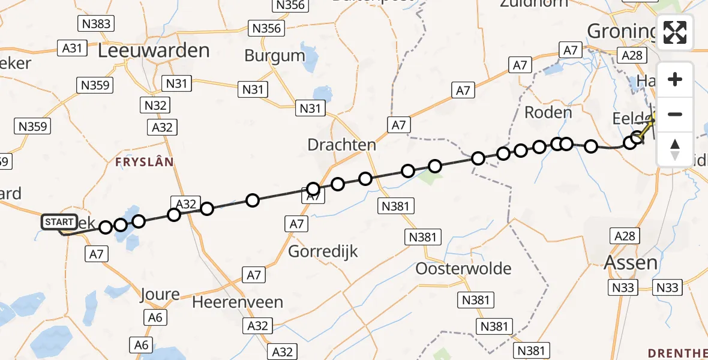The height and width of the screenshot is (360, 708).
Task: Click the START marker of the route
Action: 59,222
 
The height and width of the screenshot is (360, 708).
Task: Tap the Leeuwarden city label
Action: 154,50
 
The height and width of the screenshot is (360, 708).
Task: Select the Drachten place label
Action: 341,145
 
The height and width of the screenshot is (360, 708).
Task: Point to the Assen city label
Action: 631,263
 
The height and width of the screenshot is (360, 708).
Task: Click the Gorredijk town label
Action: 323,251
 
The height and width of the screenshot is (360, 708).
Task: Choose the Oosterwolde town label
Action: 464,268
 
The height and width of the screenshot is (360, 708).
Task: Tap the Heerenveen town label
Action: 238,302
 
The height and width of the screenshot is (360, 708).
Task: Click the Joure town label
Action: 160,295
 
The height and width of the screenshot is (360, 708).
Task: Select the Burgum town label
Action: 275,56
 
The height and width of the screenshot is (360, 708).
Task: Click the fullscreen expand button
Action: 675,32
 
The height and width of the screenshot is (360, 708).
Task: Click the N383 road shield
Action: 95,24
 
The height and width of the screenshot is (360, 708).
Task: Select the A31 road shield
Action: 71,48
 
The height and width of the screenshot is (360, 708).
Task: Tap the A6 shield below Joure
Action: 155,318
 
